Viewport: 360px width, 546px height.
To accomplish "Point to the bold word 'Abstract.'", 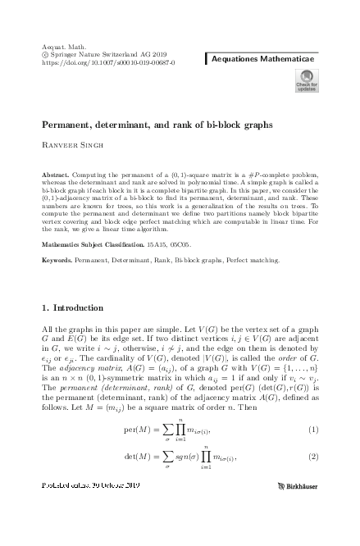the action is coord(56,176).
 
